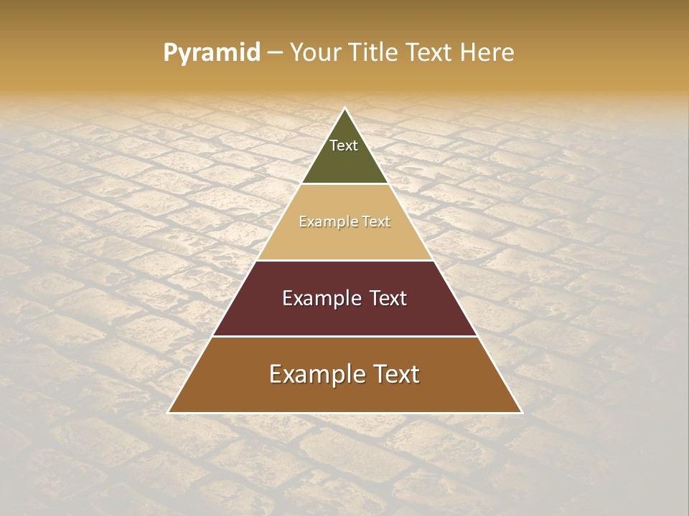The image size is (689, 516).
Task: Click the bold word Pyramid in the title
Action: coord(211,53)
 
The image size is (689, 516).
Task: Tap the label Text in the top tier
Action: coord(344,145)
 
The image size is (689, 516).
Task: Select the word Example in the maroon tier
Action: coord(320,298)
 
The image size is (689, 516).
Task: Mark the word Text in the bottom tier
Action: coord(397,374)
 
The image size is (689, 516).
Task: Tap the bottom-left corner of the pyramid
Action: coord(169,412)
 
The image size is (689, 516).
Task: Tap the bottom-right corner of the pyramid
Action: coord(522,412)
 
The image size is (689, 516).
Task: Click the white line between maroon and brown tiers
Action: coord(344,336)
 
